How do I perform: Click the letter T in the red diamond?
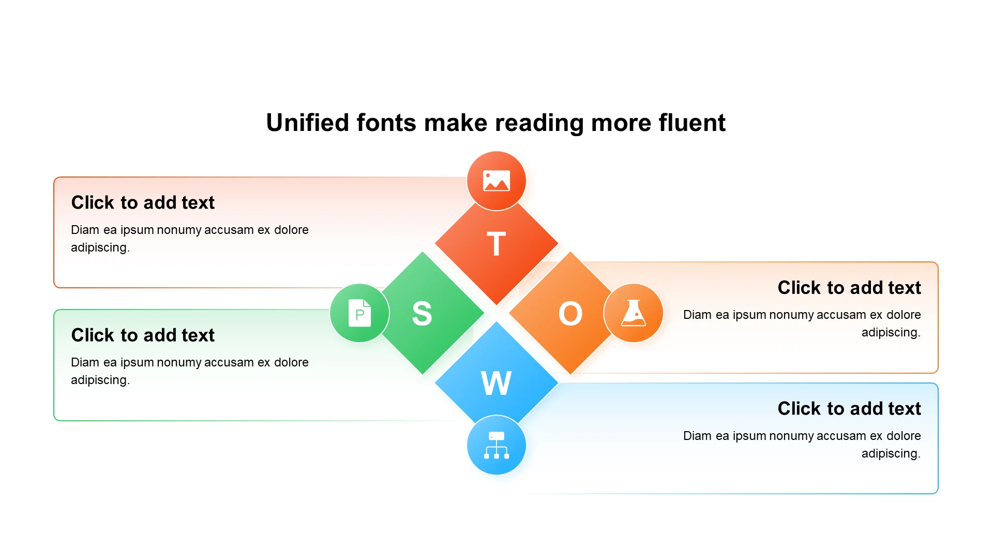click(x=496, y=244)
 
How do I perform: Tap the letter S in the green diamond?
click(x=422, y=313)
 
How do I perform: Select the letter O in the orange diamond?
click(x=570, y=313)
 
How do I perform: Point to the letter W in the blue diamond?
click(x=496, y=383)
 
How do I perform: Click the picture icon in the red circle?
click(x=496, y=181)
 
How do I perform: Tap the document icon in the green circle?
click(x=360, y=313)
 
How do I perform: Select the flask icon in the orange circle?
click(x=634, y=313)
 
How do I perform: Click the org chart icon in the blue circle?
click(x=496, y=445)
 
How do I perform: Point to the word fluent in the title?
click(x=692, y=123)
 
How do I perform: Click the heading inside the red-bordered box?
click(x=143, y=202)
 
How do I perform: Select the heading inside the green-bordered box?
click(x=143, y=335)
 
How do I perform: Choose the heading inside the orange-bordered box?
click(x=849, y=287)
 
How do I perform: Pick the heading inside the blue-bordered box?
click(x=849, y=408)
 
